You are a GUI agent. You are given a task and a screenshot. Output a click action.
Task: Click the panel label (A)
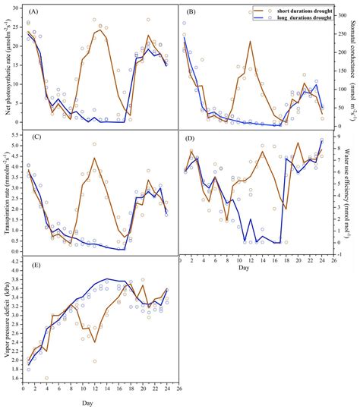[35, 13]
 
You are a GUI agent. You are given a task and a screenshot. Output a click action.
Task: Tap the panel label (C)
[35, 137]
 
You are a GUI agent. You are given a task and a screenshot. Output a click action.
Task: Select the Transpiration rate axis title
[7, 193]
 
